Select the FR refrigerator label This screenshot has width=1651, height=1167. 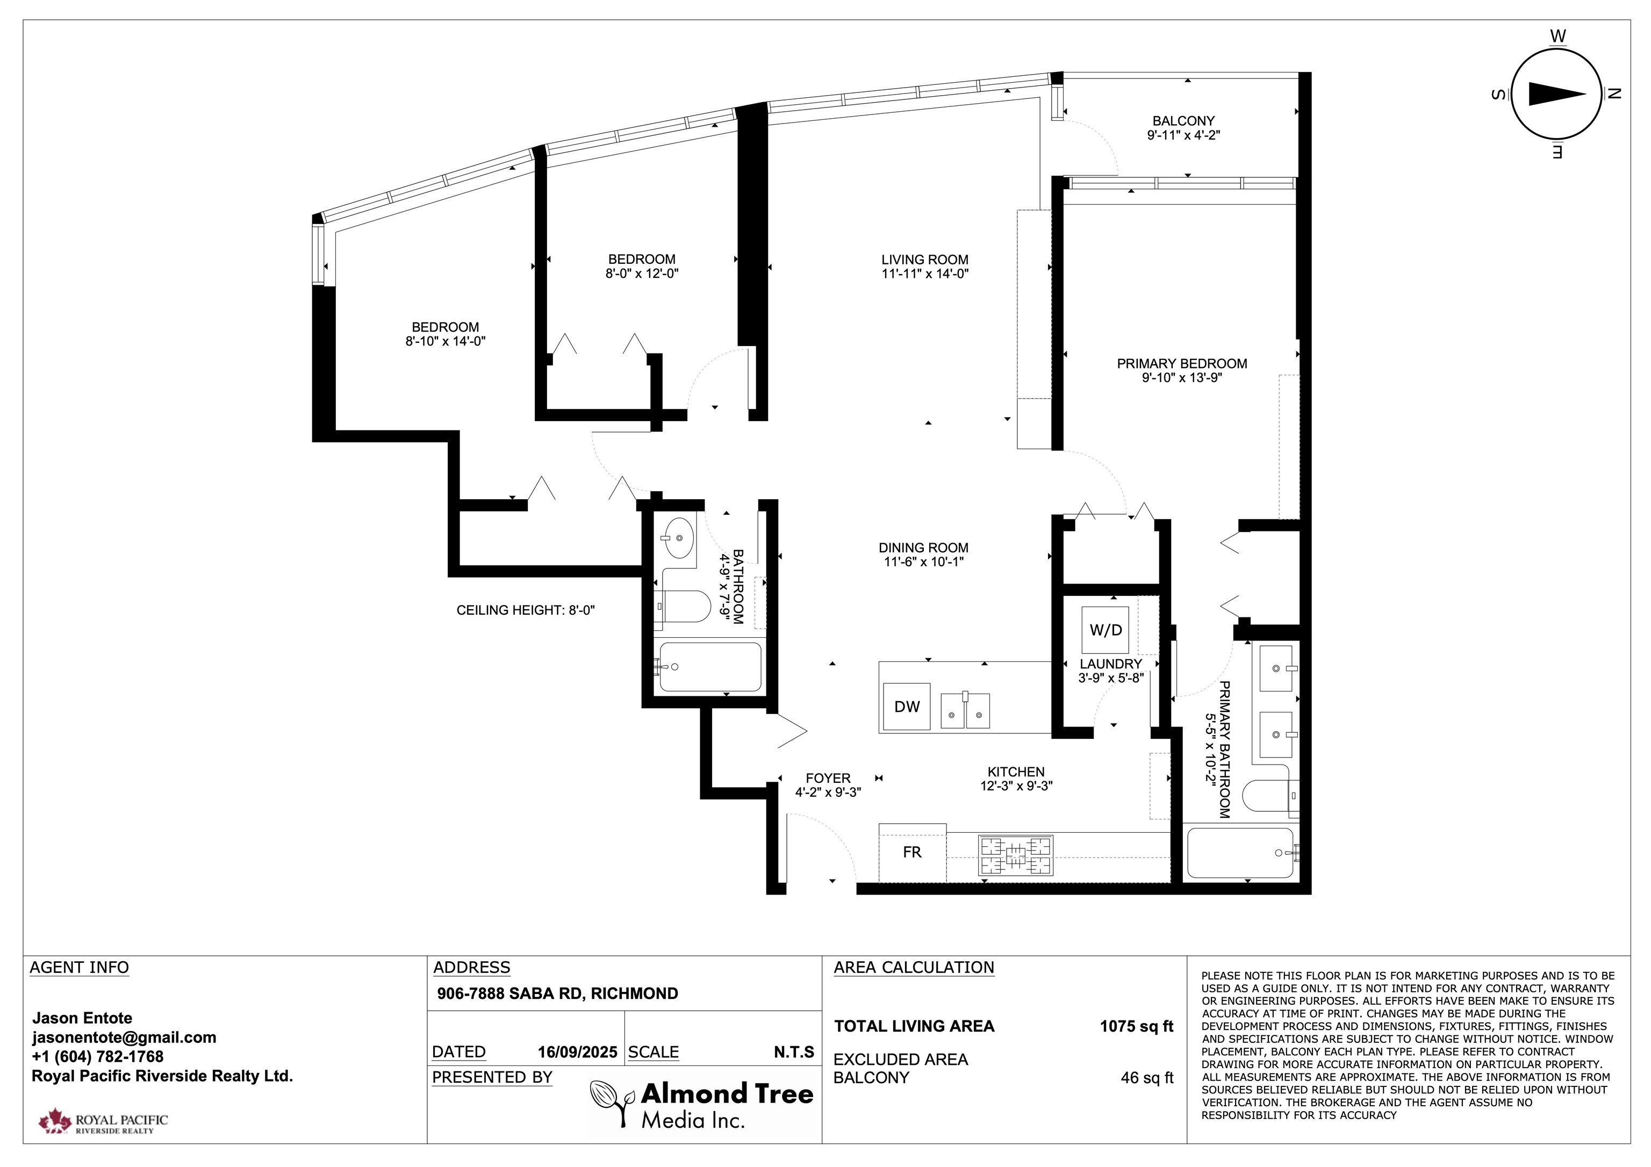pyautogui.click(x=912, y=852)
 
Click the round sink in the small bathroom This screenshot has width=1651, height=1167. pyautogui.click(x=678, y=537)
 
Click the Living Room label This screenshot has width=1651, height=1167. pyautogui.click(x=925, y=260)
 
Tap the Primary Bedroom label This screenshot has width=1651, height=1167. pyautogui.click(x=1182, y=364)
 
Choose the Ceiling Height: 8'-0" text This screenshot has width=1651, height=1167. pyautogui.click(x=526, y=610)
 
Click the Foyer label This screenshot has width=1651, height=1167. pyautogui.click(x=828, y=778)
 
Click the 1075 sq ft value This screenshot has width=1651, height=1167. pyautogui.click(x=1136, y=1026)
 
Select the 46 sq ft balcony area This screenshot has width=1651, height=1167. pyautogui.click(x=1147, y=1078)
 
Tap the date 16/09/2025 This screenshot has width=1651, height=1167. pyautogui.click(x=577, y=1052)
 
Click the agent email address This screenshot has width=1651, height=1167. pyautogui.click(x=124, y=1038)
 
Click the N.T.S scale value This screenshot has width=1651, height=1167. pyautogui.click(x=794, y=1052)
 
